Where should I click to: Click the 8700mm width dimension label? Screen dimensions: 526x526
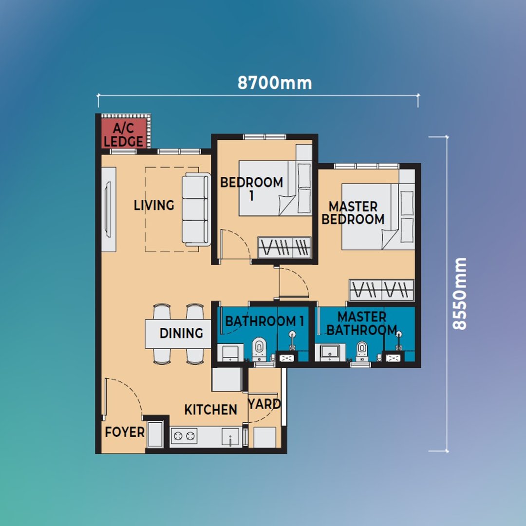[x=275, y=83]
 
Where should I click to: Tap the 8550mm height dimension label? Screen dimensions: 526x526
[x=459, y=294]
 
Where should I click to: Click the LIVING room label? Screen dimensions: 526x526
[x=154, y=206]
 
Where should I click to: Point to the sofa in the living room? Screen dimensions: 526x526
[x=196, y=209]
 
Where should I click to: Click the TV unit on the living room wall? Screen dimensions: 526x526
[x=109, y=209]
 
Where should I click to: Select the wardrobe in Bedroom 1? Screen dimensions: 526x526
[x=284, y=247]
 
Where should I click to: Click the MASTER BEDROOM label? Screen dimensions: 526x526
[x=353, y=213]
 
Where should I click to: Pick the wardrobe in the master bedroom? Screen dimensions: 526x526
[x=381, y=290]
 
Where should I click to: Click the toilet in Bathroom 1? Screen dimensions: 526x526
[x=259, y=349]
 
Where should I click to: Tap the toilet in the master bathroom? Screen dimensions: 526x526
[x=362, y=351]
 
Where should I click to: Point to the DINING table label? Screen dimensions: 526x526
[x=181, y=333]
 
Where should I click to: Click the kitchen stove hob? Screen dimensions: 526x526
[x=184, y=436]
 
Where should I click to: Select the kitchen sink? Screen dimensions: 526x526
[x=230, y=436]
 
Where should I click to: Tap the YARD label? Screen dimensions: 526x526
[x=264, y=404]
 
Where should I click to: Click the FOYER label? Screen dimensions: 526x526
[x=125, y=432]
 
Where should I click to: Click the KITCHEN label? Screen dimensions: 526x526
[x=211, y=410]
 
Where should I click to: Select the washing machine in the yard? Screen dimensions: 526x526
[x=264, y=437]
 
